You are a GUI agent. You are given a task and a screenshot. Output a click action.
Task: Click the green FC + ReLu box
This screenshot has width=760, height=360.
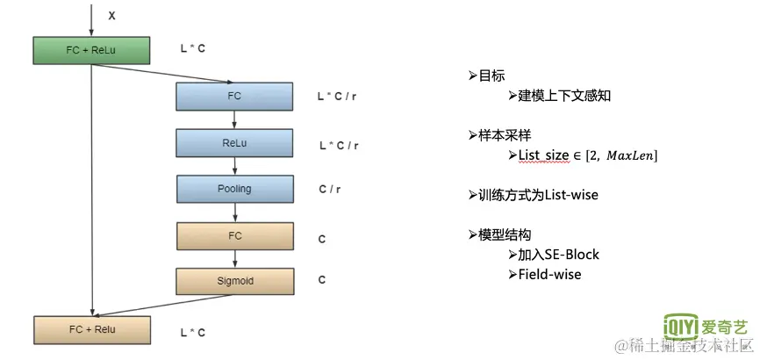(91, 50)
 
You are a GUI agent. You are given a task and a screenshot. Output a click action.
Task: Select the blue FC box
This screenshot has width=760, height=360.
(233, 96)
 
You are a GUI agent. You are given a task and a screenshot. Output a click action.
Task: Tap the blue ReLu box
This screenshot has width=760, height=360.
(233, 142)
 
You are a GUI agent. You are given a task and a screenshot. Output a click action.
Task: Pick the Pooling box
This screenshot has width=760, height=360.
(233, 189)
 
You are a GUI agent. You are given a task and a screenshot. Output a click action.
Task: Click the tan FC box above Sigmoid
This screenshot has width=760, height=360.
(233, 235)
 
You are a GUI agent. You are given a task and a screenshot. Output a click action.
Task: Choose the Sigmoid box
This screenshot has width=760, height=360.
(233, 281)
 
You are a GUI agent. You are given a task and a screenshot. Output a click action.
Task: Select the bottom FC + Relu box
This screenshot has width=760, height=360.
(91, 329)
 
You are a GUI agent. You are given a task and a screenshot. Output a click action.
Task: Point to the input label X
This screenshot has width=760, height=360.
(111, 16)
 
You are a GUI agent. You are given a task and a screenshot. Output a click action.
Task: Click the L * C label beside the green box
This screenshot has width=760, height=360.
(193, 49)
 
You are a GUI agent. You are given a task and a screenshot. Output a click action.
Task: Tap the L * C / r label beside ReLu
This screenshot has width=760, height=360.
(339, 145)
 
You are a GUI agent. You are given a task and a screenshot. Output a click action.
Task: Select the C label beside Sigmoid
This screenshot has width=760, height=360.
(322, 280)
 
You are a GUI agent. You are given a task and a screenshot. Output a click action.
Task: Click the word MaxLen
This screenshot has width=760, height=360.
(629, 155)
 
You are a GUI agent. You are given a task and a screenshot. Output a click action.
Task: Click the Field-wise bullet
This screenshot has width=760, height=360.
(549, 275)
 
